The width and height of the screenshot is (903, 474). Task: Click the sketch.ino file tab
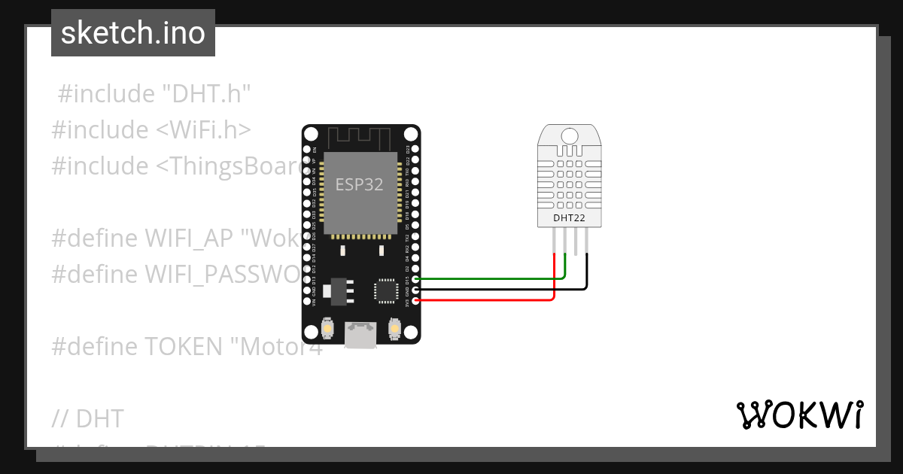tap(132, 33)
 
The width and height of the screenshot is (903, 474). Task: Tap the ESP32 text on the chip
tap(360, 185)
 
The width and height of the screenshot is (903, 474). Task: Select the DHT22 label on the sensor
tap(569, 219)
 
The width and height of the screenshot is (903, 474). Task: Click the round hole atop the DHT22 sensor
tap(570, 135)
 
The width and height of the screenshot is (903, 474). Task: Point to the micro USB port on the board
tap(361, 335)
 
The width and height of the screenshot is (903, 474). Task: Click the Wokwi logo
tap(799, 415)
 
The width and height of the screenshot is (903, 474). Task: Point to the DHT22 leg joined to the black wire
tap(585, 242)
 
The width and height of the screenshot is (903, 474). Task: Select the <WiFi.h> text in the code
tap(203, 129)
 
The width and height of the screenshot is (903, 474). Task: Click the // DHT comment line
tap(88, 418)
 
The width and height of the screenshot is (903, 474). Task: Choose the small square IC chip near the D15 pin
tap(385, 291)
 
